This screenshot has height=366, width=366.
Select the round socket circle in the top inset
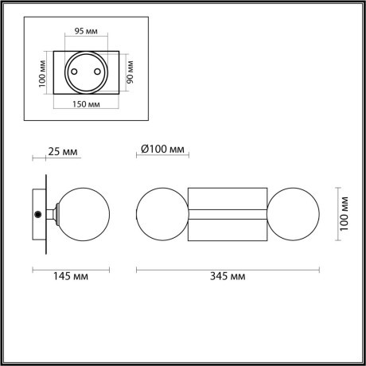pyautogui.click(x=87, y=71)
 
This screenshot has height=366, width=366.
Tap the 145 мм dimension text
pyautogui.click(x=71, y=276)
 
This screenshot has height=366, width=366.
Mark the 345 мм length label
pyautogui.click(x=228, y=276)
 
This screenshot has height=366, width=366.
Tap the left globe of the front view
pyautogui.click(x=162, y=214)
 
